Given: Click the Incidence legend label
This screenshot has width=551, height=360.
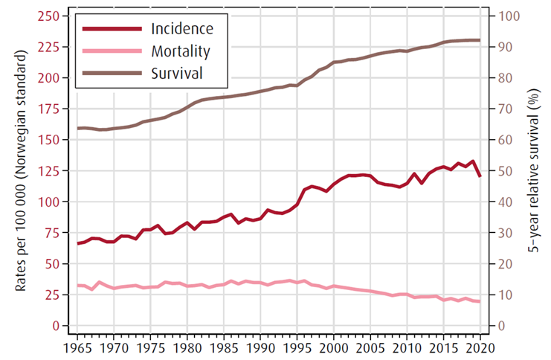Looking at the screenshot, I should (181, 29).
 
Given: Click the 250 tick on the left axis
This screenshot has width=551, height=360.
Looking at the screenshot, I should (51, 16).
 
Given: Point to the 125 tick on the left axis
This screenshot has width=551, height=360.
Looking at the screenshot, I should (51, 171).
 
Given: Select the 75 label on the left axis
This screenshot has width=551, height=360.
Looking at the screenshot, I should (54, 233).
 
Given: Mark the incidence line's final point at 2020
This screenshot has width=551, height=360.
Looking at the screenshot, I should (480, 176).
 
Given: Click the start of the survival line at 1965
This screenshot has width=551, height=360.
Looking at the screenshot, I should (77, 129).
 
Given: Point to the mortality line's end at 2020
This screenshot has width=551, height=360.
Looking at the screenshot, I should (480, 301).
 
